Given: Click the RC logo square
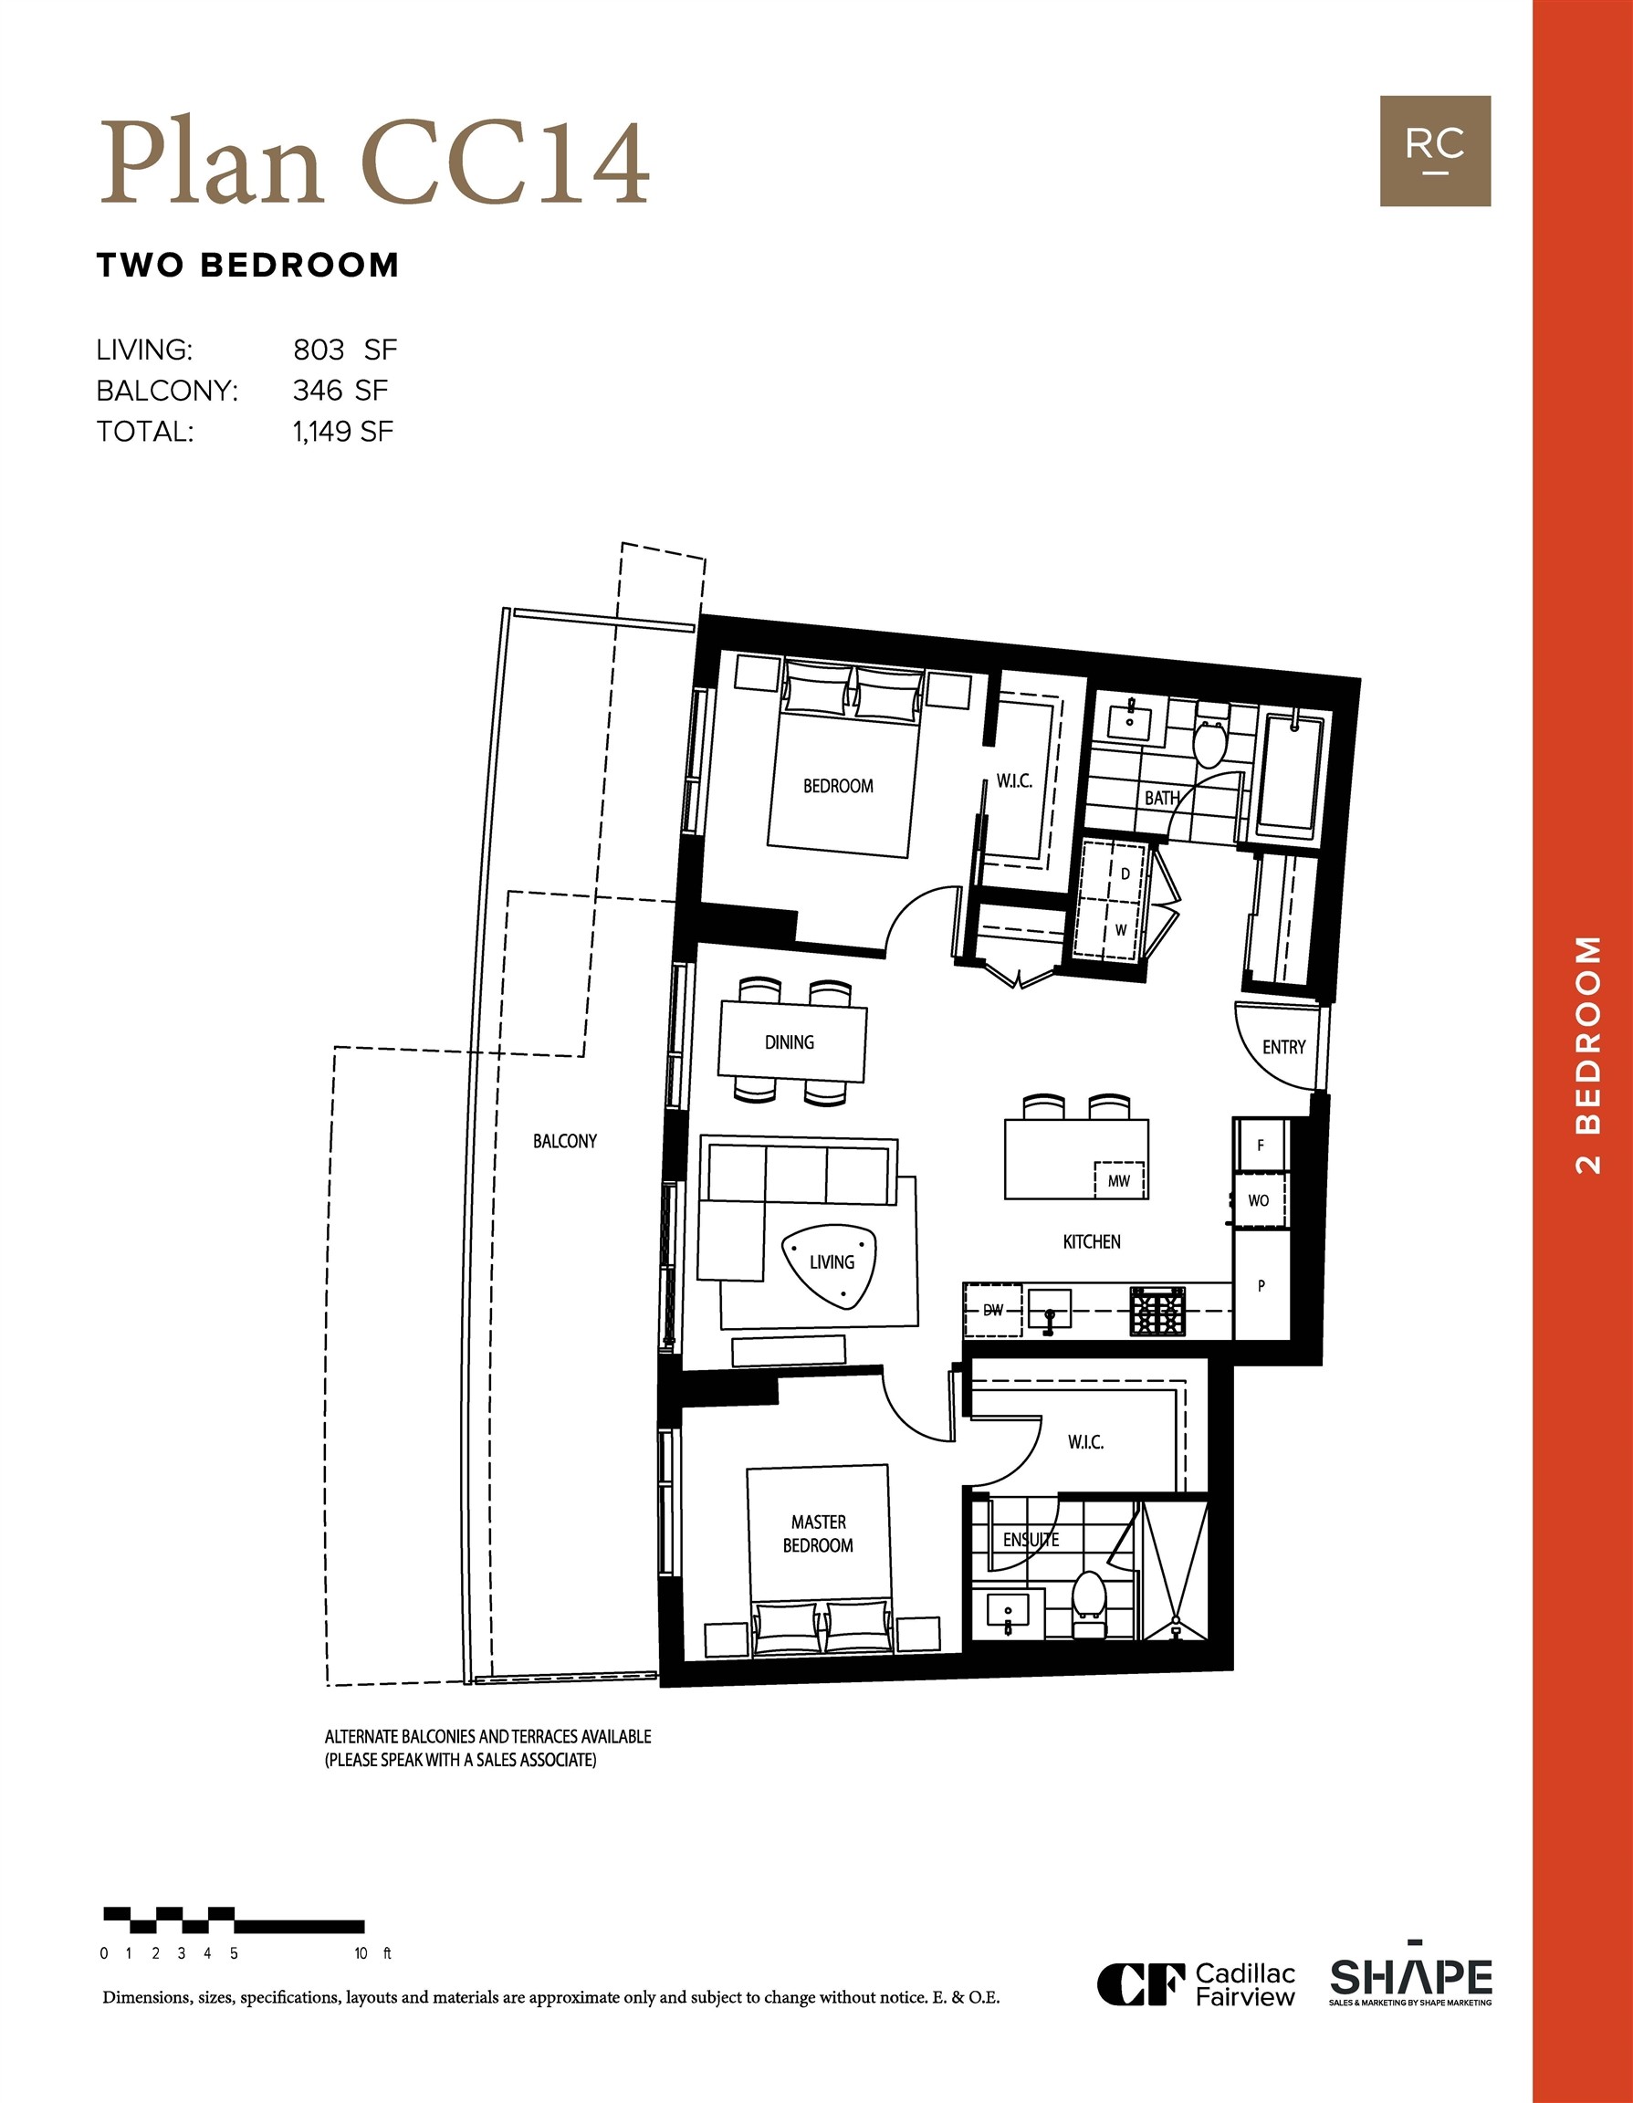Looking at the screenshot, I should [1435, 152].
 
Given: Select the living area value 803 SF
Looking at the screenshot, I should [345, 349].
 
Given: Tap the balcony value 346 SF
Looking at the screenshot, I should [340, 390].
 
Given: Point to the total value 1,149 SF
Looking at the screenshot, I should [343, 432].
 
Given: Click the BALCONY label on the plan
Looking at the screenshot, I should [565, 1141].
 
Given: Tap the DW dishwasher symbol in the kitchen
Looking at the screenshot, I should [993, 1311].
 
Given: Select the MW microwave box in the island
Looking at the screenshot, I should [1119, 1180].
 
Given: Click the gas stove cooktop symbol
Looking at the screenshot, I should [1158, 1311].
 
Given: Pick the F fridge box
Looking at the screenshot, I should [1261, 1145].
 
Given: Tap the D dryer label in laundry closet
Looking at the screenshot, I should [1125, 874].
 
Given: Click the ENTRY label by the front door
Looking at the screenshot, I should [1283, 1047].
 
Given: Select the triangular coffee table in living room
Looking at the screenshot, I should [831, 1265].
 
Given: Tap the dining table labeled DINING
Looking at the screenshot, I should [791, 1041].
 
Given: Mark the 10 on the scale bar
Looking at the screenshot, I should [361, 1953].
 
